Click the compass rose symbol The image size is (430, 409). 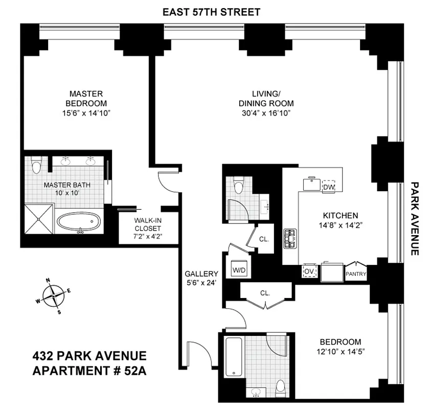pos(53,296)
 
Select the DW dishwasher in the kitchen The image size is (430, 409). pos(328,187)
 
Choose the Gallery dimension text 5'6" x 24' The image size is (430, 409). pos(201,282)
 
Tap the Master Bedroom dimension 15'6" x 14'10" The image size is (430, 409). pos(85,112)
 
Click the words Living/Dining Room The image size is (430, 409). pos(266,98)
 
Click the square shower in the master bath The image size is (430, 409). pos(39,218)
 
